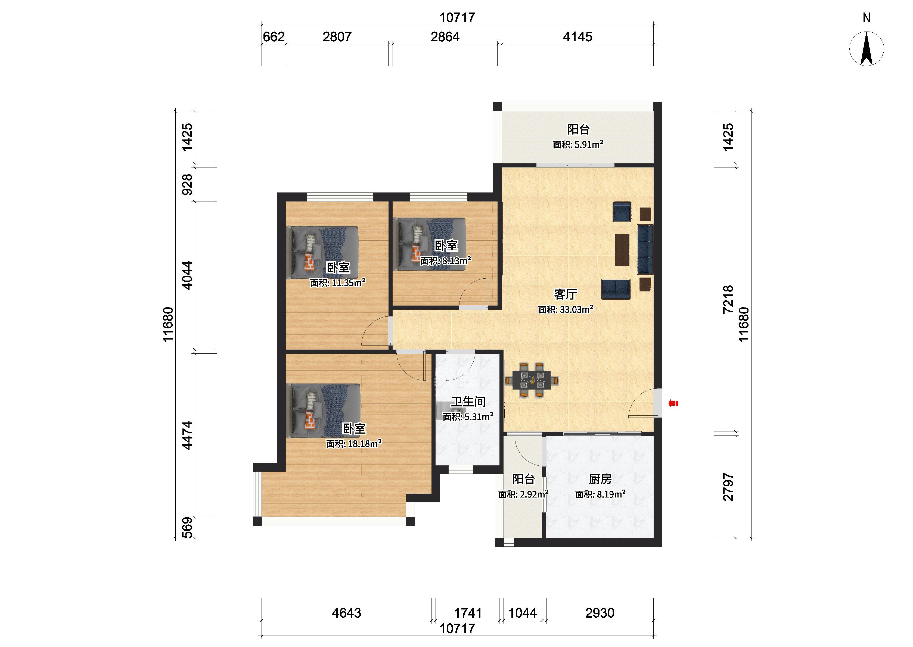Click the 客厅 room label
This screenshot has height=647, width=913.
[566, 294]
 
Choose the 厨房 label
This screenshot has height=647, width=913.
[600, 479]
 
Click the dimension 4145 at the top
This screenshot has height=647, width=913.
[577, 37]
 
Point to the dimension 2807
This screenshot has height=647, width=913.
[337, 37]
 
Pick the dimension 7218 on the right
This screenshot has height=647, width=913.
[728, 299]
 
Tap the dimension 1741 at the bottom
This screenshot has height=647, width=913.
[468, 613]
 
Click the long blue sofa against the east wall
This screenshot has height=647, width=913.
[645, 249]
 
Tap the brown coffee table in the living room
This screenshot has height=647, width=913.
[622, 249]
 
